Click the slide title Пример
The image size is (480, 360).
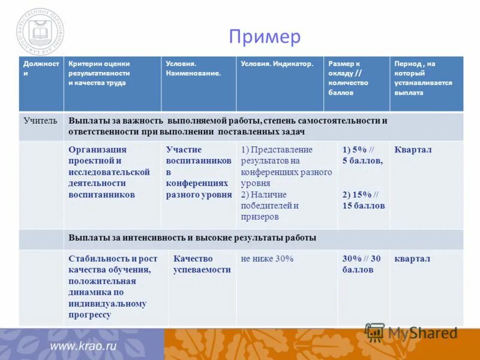click(264, 37)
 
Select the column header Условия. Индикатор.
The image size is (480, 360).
click(277, 64)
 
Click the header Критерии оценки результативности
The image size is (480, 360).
click(99, 73)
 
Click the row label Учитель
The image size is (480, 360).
click(40, 121)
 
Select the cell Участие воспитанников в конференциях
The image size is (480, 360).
click(199, 172)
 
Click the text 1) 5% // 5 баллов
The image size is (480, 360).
click(362, 155)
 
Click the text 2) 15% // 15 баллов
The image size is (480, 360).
click(363, 200)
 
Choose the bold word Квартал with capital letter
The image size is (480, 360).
click(413, 150)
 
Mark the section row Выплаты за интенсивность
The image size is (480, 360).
click(192, 238)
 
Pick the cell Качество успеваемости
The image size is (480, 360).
click(202, 264)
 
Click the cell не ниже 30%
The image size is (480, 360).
click(267, 259)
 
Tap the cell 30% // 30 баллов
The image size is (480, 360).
click(361, 264)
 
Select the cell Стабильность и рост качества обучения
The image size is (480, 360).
click(113, 286)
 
